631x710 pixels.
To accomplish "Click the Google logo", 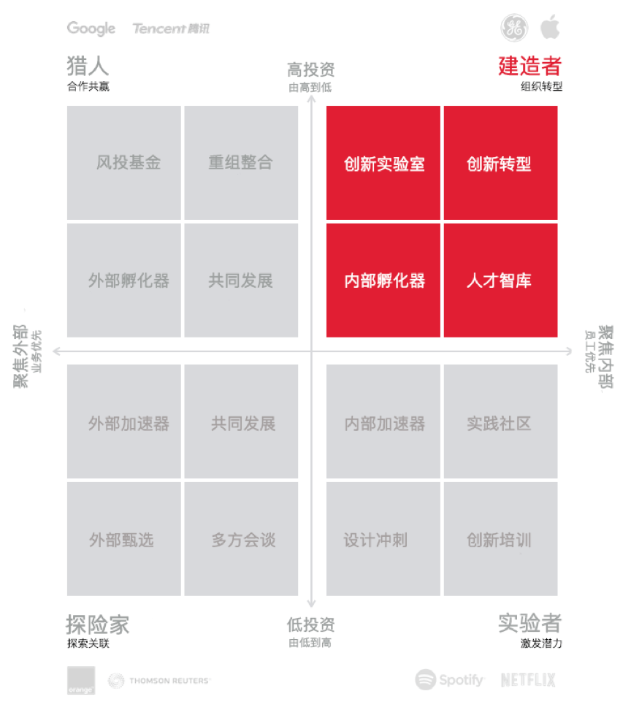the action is click(91, 28).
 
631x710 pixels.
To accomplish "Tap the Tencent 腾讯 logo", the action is click(171, 28).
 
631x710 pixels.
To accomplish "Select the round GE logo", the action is click(513, 27).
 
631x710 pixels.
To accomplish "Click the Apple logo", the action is click(550, 26).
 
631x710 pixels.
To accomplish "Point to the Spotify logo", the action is click(449, 679).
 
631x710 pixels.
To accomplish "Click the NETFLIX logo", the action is click(528, 679).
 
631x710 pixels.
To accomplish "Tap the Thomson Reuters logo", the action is click(159, 681).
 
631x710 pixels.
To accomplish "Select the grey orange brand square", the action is click(81, 680).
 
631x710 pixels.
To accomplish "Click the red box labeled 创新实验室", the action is click(383, 163).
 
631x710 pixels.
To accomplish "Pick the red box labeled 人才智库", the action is click(500, 280).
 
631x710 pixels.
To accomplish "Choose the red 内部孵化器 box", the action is click(383, 280).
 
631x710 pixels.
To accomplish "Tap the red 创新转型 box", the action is click(500, 163).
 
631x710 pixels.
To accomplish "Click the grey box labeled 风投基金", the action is click(124, 163).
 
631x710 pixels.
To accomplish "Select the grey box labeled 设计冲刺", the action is click(383, 539).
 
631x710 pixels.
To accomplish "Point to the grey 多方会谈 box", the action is click(241, 539).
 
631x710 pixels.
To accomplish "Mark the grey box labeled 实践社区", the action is click(500, 421).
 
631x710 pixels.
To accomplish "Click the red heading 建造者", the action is click(530, 66).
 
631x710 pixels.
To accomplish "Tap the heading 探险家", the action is click(98, 625).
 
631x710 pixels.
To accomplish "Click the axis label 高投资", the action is click(311, 69).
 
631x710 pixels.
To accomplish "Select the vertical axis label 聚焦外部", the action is click(21, 356).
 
